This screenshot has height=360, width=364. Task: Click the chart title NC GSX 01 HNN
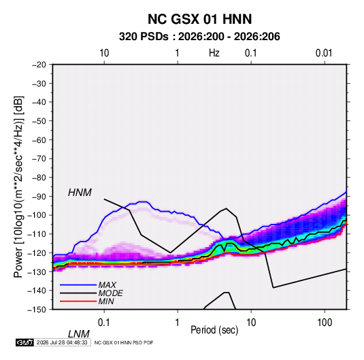(199, 19)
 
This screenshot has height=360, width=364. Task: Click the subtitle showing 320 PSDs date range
(199, 37)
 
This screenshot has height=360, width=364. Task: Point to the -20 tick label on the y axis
(39, 65)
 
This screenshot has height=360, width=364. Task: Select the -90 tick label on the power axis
(39, 197)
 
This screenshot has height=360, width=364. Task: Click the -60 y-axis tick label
(39, 140)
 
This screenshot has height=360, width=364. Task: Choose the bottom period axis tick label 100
(325, 323)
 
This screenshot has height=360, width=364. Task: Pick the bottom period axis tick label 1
(178, 323)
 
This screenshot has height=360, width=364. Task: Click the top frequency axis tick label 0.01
(324, 53)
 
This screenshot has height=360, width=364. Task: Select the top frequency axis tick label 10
(104, 53)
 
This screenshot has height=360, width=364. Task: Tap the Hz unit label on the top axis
(214, 53)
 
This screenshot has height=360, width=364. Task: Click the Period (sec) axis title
(214, 330)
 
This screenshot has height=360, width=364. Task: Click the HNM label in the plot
(80, 193)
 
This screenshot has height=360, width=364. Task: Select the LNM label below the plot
(79, 334)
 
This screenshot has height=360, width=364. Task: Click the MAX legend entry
(107, 285)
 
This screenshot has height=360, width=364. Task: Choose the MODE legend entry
(110, 293)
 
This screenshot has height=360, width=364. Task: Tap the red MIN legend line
(78, 301)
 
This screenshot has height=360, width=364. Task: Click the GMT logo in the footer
(24, 342)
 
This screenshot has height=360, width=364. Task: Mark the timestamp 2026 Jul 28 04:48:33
(62, 342)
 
